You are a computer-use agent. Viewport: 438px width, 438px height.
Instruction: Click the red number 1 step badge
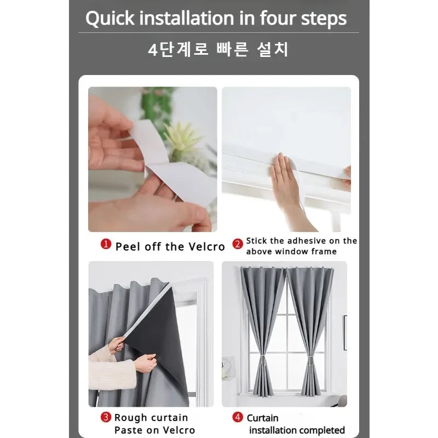[x=106, y=245]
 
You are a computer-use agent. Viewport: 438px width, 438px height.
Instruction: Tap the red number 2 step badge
[x=238, y=245]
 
